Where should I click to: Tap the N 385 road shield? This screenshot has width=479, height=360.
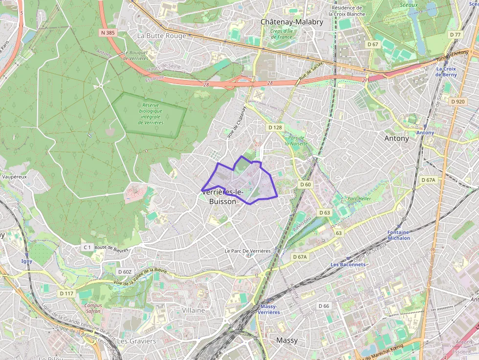point(109,32)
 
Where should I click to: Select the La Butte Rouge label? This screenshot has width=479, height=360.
point(162,36)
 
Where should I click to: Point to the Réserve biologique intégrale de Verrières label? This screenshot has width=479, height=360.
point(151,113)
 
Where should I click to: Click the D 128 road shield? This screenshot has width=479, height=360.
point(275,127)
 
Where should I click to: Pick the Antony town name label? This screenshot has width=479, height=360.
point(396,138)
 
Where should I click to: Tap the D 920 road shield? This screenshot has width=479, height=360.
point(458,102)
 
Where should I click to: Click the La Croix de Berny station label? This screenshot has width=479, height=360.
point(446,72)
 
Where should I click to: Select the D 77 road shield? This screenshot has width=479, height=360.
point(455,35)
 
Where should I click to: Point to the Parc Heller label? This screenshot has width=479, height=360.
point(359,199)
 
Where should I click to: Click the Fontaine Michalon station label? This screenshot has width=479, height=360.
point(398,235)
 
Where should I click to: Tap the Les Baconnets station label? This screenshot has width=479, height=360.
point(348,265)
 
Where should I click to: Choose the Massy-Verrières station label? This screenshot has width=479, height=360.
point(268,309)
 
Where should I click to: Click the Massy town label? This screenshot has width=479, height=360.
point(287,340)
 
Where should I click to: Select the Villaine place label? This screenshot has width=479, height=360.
point(194,310)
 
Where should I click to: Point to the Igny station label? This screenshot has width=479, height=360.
point(27,261)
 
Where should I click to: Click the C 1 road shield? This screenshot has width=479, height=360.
point(87,248)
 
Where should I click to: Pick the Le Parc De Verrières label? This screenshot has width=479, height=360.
point(247,251)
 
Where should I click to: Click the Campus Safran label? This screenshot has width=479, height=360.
point(93,308)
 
